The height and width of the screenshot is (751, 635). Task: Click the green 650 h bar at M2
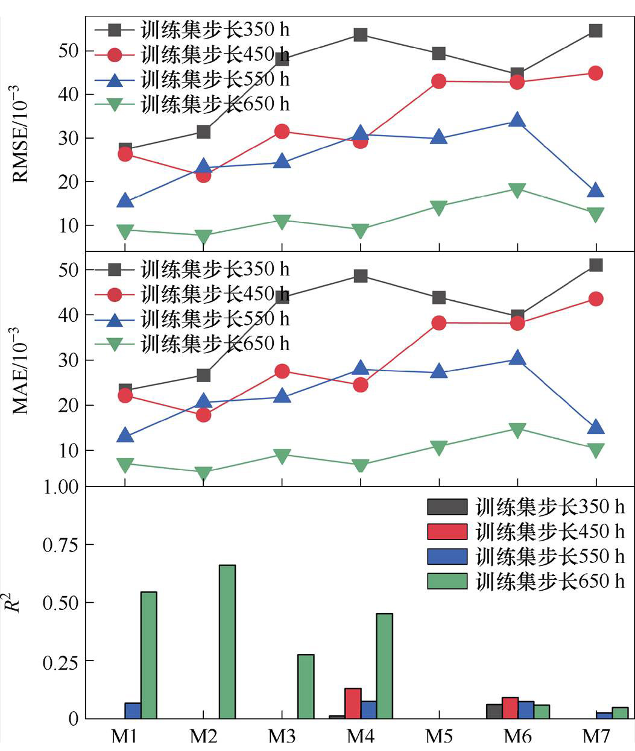click(x=227, y=641)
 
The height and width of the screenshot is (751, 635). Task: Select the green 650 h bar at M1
click(x=149, y=655)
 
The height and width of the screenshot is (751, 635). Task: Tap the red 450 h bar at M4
click(x=353, y=703)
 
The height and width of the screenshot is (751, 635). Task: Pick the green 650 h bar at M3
click(x=306, y=687)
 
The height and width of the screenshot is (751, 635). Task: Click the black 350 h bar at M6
click(x=494, y=711)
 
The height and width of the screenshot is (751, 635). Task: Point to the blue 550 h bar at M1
click(x=133, y=711)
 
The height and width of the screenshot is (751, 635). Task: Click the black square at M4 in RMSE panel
click(x=361, y=35)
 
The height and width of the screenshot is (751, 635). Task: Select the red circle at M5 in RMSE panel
click(x=439, y=81)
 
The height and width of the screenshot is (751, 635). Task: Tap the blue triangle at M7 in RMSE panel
click(x=595, y=191)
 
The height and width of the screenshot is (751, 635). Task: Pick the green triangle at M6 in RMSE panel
click(x=517, y=190)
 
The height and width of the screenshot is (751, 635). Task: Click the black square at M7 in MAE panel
click(x=596, y=265)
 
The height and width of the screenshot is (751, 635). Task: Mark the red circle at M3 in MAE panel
click(x=282, y=371)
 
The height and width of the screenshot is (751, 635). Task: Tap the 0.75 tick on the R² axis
click(x=60, y=545)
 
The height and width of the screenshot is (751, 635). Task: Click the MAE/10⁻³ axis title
click(x=21, y=371)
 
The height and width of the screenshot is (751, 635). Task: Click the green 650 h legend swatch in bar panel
click(x=447, y=581)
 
